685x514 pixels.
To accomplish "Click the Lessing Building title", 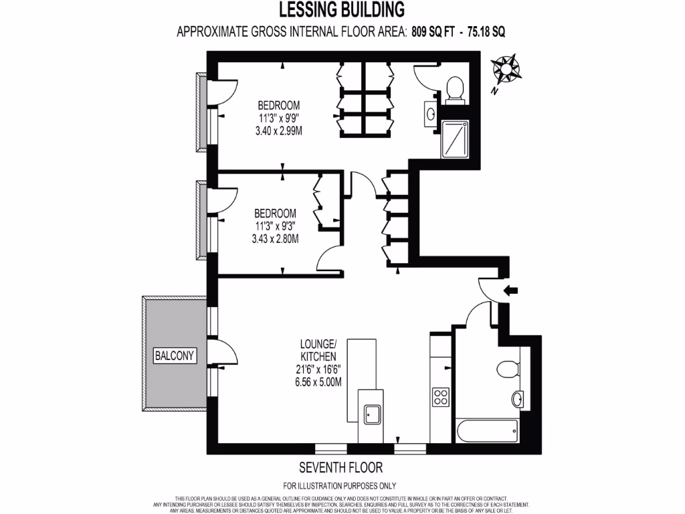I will pyautogui.click(x=342, y=9).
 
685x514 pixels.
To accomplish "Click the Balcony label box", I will pyautogui.click(x=176, y=355).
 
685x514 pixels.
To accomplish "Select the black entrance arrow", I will pyautogui.click(x=512, y=290).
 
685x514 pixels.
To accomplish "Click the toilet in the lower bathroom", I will pyautogui.click(x=506, y=369).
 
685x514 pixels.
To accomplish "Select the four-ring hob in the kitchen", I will pyautogui.click(x=440, y=397).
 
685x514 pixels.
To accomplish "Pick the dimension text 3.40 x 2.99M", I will pyautogui.click(x=279, y=131).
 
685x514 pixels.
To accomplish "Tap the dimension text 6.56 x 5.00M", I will pyautogui.click(x=313, y=382).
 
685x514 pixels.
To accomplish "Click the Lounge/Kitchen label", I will pyautogui.click(x=313, y=351).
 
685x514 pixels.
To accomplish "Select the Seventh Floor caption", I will pyautogui.click(x=340, y=467).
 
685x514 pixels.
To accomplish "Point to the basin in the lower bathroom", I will pyautogui.click(x=518, y=400).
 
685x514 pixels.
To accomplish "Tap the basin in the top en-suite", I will pyautogui.click(x=430, y=114).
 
